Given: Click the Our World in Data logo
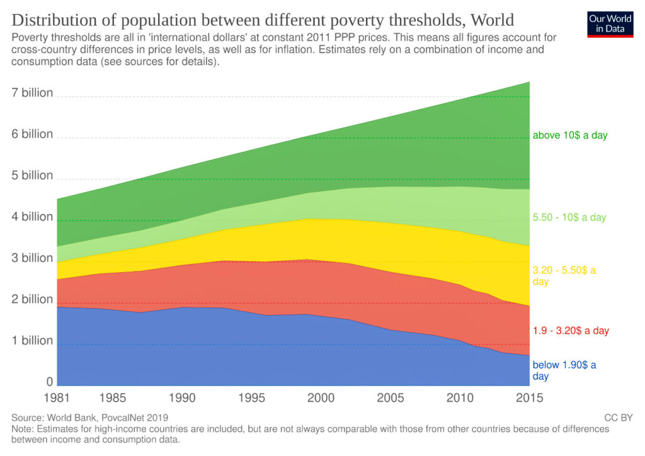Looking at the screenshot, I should [610, 23].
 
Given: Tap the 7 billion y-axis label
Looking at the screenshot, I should [32, 93].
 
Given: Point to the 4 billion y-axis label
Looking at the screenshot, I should [32, 217].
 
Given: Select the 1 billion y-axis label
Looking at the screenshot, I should [32, 340].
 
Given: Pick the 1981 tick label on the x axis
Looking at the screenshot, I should [57, 398].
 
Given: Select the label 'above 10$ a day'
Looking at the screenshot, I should [569, 135].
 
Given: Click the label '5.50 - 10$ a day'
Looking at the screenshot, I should [569, 217].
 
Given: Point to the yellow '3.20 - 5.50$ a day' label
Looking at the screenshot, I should [564, 276].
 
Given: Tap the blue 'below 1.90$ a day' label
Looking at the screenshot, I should [564, 370].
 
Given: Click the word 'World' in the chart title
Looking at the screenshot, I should [489, 19].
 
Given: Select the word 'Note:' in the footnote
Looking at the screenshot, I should [23, 429].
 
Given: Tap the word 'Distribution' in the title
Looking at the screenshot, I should [51, 19].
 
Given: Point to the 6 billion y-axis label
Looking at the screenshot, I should [32, 134].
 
